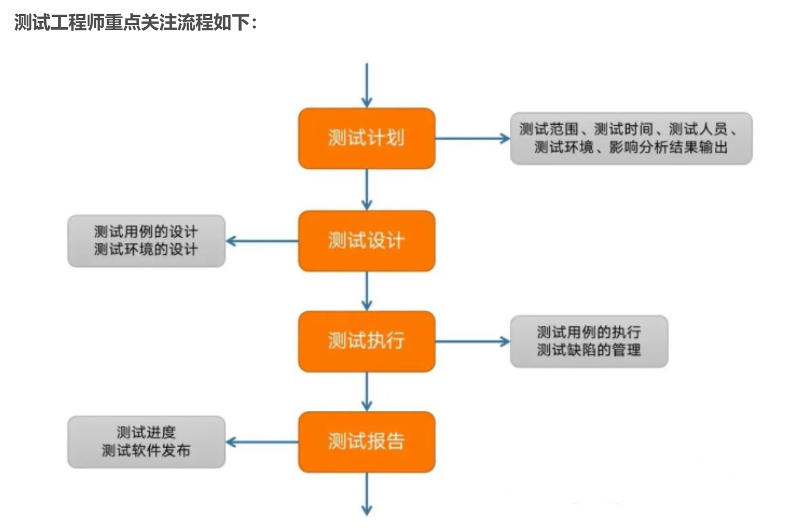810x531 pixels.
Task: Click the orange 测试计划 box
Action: tap(366, 138)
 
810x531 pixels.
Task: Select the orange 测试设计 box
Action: tap(366, 241)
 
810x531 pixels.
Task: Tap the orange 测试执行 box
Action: tap(366, 341)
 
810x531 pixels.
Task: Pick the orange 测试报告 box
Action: tap(366, 442)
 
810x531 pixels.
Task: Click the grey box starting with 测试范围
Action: tap(630, 138)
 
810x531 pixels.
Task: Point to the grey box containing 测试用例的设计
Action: tap(146, 241)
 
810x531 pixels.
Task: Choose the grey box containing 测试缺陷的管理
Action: tap(589, 341)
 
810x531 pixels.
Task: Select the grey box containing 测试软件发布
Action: tap(146, 442)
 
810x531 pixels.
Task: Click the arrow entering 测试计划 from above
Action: tap(366, 85)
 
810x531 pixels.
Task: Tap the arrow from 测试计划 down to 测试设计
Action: tap(366, 190)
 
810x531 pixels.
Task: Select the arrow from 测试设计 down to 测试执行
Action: tap(366, 290)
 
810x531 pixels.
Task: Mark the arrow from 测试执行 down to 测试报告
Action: tap(366, 391)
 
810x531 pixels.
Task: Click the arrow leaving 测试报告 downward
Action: tap(366, 494)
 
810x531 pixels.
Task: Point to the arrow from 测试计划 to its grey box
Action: tap(472, 138)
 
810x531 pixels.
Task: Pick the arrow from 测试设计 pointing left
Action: tap(262, 241)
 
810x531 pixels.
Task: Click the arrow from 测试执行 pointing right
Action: tap(472, 341)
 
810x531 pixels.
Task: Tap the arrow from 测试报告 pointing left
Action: tap(262, 442)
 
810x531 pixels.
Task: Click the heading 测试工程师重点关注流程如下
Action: tap(135, 23)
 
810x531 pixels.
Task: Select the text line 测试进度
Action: tap(146, 433)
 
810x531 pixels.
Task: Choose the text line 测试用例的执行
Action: tap(589, 332)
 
